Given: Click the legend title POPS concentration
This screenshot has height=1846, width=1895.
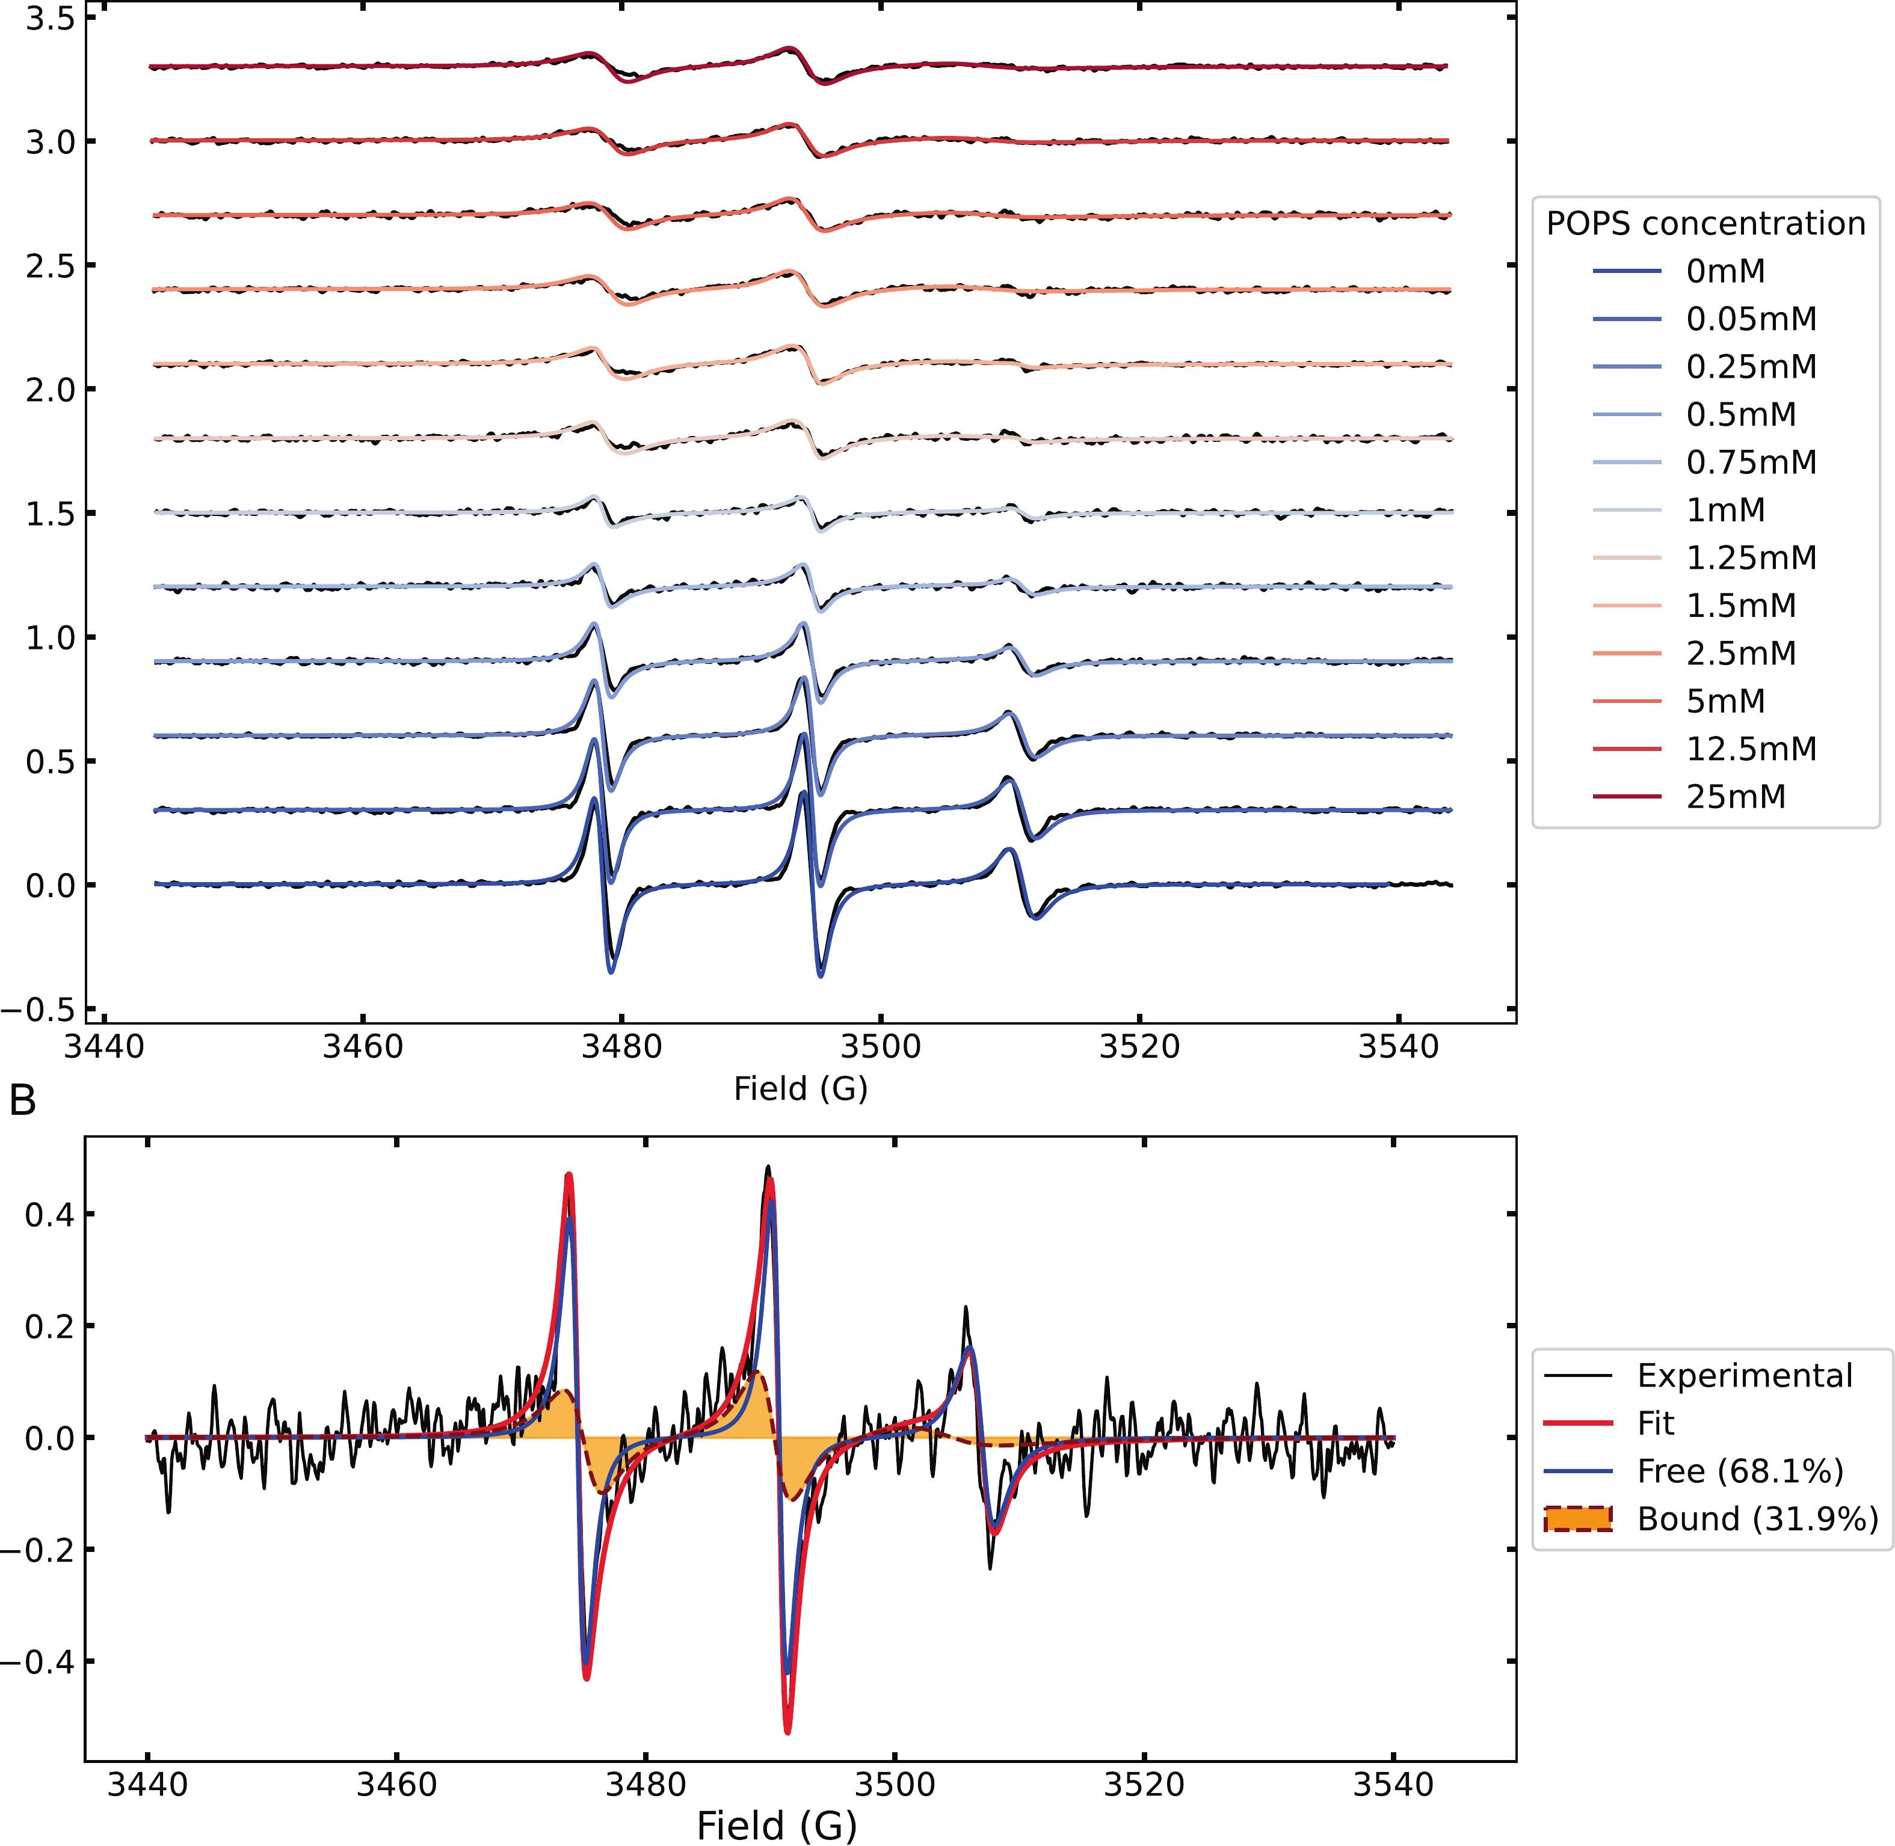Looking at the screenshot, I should (1705, 224).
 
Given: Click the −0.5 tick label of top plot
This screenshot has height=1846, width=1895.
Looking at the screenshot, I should (39, 1010).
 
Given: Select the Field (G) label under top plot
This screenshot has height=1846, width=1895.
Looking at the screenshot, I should (800, 1089).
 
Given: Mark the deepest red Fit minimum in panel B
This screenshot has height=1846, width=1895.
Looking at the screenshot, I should (787, 1732).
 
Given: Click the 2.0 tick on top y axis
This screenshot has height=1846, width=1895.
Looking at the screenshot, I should (51, 390).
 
